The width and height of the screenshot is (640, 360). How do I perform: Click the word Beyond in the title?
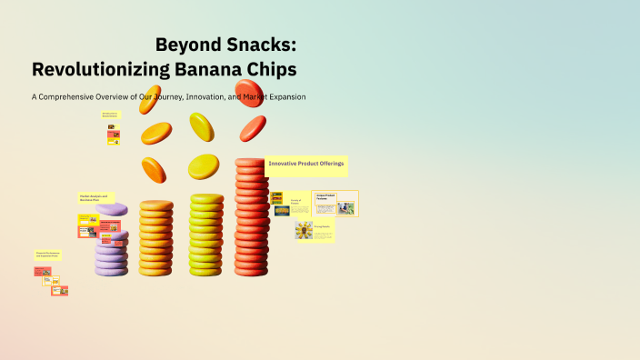pos(185,45)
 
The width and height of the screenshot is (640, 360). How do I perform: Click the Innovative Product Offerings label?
pos(306,164)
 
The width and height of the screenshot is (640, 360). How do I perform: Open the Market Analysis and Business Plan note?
pos(94,197)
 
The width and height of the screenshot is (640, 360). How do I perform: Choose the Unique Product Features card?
pos(325,195)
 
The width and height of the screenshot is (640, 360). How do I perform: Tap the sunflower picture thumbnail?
pos(304,231)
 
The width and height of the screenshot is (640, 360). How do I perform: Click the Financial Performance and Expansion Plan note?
pos(47,255)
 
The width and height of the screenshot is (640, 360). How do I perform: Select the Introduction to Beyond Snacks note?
pos(110,115)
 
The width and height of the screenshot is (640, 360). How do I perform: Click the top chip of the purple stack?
pos(112,209)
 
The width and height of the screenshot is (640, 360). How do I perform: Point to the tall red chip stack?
pos(251,218)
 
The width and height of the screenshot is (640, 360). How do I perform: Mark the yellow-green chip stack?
pos(205,234)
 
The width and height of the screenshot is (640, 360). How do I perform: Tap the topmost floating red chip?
pos(249,94)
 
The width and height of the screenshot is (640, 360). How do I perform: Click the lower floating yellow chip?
pos(204,166)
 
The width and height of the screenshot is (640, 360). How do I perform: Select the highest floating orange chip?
pos(150,99)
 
